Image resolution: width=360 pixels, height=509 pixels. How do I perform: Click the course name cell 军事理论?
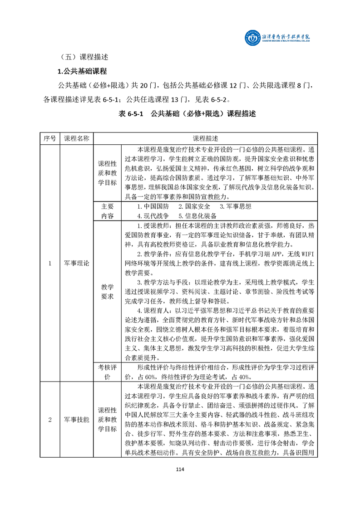(x=77, y=263)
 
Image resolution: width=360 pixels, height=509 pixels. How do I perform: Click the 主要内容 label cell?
(x=108, y=211)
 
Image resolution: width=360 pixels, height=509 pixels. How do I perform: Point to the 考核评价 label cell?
(x=108, y=372)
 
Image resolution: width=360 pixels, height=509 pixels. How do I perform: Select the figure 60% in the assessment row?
(x=144, y=377)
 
